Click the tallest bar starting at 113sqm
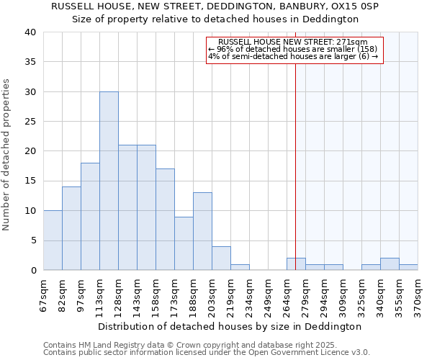tap(109, 181)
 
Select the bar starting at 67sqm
tap(53, 240)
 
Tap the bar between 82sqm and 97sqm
tap(71, 228)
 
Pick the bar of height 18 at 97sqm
tap(90, 217)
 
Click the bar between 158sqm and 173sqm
tap(165, 220)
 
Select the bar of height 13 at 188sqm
tap(202, 231)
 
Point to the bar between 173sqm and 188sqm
tap(184, 243)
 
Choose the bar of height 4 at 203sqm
tap(221, 258)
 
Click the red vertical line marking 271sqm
tap(295, 166)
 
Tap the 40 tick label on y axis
tap(30, 32)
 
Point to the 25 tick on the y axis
tap(30, 122)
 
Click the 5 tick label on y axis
tap(32, 240)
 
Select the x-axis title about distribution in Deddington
tap(229, 326)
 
